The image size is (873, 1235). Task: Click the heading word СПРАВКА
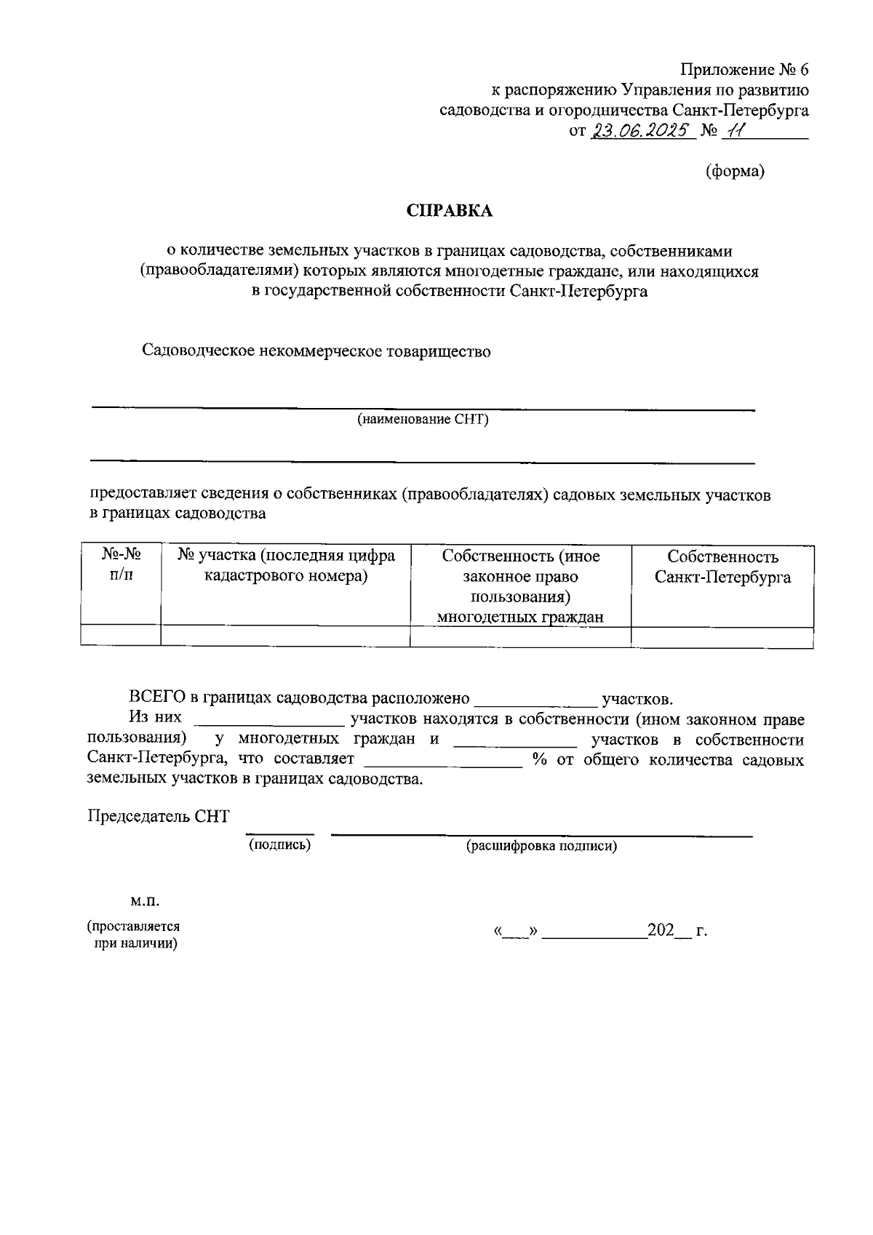pyautogui.click(x=449, y=211)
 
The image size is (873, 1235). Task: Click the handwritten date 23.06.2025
pyautogui.click(x=641, y=131)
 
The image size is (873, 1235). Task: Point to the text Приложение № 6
pyautogui.click(x=744, y=70)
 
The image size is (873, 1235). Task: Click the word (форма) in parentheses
pyautogui.click(x=735, y=171)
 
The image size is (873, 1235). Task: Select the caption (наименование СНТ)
pyautogui.click(x=422, y=420)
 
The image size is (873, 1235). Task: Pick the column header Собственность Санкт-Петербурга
pyautogui.click(x=722, y=567)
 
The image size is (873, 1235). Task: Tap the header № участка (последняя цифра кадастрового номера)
pyautogui.click(x=286, y=566)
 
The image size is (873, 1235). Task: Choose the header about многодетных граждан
pyautogui.click(x=520, y=586)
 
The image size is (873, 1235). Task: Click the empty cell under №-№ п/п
pyautogui.click(x=121, y=636)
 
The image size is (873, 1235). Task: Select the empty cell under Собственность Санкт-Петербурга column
pyautogui.click(x=722, y=637)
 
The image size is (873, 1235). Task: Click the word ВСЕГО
pyautogui.click(x=156, y=698)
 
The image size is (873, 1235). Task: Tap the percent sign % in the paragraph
pyautogui.click(x=539, y=760)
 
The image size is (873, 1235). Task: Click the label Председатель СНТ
pyautogui.click(x=159, y=816)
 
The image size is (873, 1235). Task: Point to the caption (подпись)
pyautogui.click(x=279, y=844)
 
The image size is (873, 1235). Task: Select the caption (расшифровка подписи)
pyautogui.click(x=541, y=846)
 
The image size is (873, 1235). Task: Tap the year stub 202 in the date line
pyautogui.click(x=661, y=931)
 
